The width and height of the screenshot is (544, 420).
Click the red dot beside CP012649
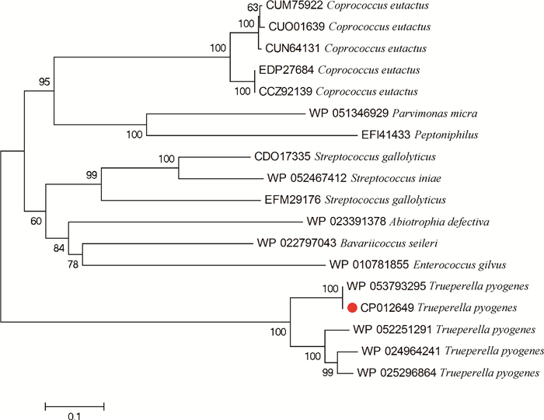(x=353, y=307)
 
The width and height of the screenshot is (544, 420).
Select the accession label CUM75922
(x=293, y=6)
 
